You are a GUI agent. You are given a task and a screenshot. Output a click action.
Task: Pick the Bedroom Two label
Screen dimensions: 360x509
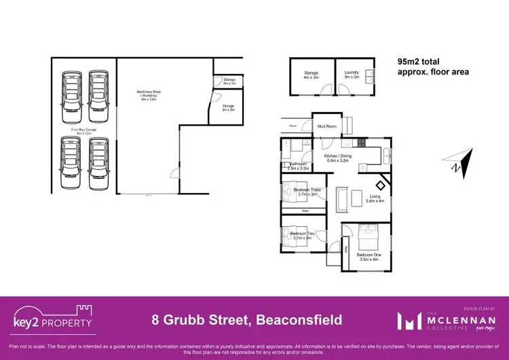[301, 235]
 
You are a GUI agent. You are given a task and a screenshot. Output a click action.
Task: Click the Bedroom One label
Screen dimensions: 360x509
[369, 257]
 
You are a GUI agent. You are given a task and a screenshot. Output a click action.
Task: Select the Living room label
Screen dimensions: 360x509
[375, 198]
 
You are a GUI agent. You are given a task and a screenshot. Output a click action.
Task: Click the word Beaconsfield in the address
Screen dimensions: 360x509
[294, 319]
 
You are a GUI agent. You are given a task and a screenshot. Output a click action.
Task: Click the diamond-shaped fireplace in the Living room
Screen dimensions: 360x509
[382, 183]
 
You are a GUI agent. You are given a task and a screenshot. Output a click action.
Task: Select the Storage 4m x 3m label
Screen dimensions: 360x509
[311, 75]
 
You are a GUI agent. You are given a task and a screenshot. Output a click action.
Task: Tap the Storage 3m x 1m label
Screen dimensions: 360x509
[229, 82]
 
